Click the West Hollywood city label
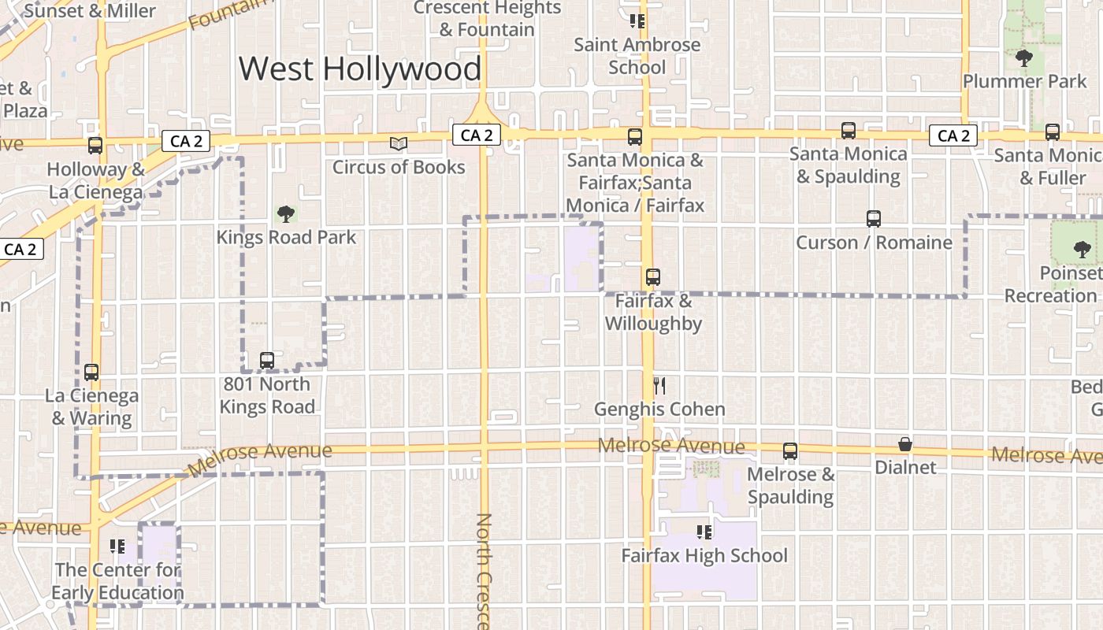click(360, 69)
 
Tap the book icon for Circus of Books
click(399, 144)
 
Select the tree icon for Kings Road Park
click(286, 213)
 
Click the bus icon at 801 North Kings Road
click(267, 361)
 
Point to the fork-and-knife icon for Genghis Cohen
click(659, 386)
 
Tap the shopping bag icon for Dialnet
click(905, 445)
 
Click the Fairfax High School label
click(704, 555)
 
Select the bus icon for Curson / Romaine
click(873, 219)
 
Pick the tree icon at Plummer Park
click(1023, 57)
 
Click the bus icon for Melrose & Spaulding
click(789, 451)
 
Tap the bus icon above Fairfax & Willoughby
click(652, 277)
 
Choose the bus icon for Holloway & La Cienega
click(95, 146)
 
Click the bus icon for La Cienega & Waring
click(91, 372)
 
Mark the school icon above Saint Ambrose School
click(637, 21)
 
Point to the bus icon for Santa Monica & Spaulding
click(848, 131)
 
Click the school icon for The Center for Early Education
click(118, 546)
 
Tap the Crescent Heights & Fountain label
click(487, 19)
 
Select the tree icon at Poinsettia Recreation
click(1081, 250)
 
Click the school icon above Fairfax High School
click(704, 532)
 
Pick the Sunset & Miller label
click(91, 11)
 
